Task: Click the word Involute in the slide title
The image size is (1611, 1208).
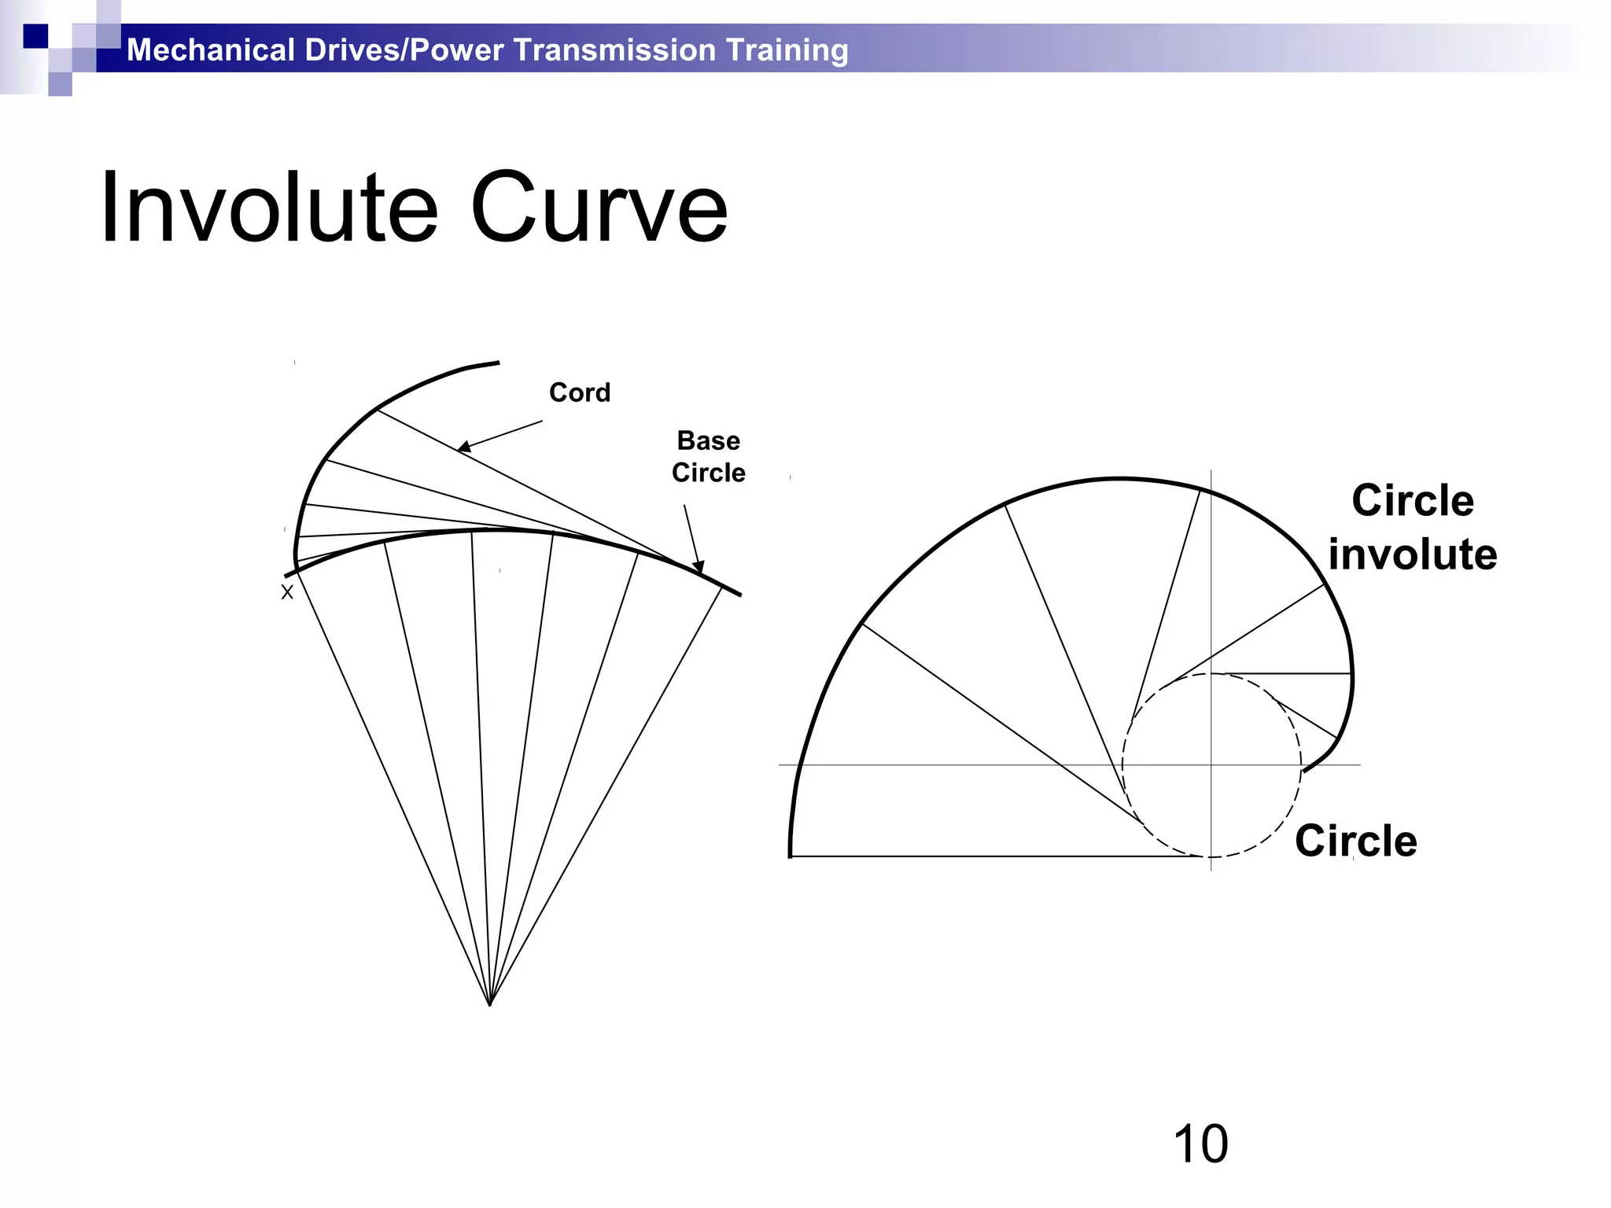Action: click(x=268, y=208)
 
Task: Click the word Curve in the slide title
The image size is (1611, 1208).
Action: click(x=599, y=208)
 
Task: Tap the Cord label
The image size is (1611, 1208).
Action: click(x=580, y=392)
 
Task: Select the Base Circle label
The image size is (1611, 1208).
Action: click(x=708, y=457)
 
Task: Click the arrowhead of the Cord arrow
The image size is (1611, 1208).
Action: click(x=463, y=447)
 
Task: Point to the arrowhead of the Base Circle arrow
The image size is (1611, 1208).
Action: click(x=698, y=566)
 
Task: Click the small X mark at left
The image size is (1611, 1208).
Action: click(x=287, y=592)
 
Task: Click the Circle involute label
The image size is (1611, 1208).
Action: click(x=1413, y=527)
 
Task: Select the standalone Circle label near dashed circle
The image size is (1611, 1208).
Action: click(x=1356, y=841)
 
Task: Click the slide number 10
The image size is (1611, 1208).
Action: click(x=1200, y=1144)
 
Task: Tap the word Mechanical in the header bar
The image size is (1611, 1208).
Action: click(x=210, y=50)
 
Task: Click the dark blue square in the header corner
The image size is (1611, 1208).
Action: click(x=35, y=36)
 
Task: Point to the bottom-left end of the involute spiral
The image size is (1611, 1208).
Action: click(x=791, y=855)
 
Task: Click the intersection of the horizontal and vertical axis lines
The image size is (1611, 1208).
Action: click(x=1211, y=764)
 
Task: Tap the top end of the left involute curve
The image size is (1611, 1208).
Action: click(x=498, y=363)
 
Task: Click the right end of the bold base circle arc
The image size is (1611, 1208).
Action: click(x=739, y=595)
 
